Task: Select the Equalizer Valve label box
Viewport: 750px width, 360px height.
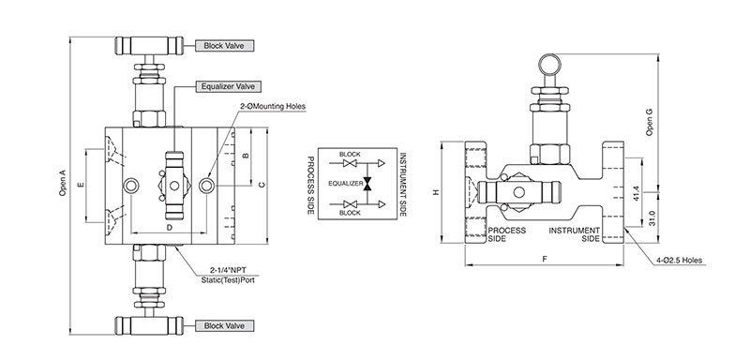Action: [225, 87]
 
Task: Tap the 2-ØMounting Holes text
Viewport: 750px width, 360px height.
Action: [273, 106]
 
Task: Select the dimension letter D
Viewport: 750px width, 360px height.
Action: [170, 228]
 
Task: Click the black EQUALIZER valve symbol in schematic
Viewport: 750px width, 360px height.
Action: [367, 184]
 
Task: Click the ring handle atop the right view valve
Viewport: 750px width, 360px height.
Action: [548, 63]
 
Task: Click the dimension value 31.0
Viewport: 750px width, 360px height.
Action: [652, 218]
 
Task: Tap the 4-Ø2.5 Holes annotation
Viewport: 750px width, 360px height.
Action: [682, 260]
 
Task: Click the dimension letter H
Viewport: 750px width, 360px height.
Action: [436, 191]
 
